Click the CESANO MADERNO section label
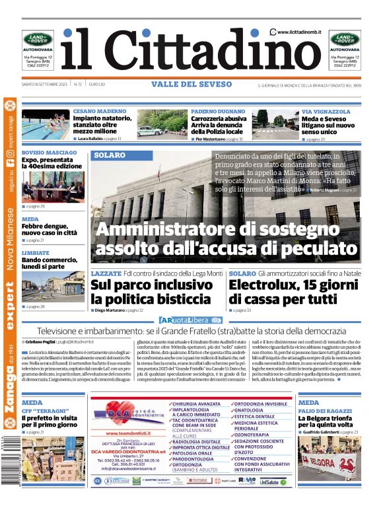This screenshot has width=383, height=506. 100,112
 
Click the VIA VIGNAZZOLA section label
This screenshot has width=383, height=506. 326,112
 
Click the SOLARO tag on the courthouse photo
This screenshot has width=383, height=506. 109,155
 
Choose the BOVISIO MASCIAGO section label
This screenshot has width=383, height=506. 49,153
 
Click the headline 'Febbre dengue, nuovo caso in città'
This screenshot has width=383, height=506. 49,229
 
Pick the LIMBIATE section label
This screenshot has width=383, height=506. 36,252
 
